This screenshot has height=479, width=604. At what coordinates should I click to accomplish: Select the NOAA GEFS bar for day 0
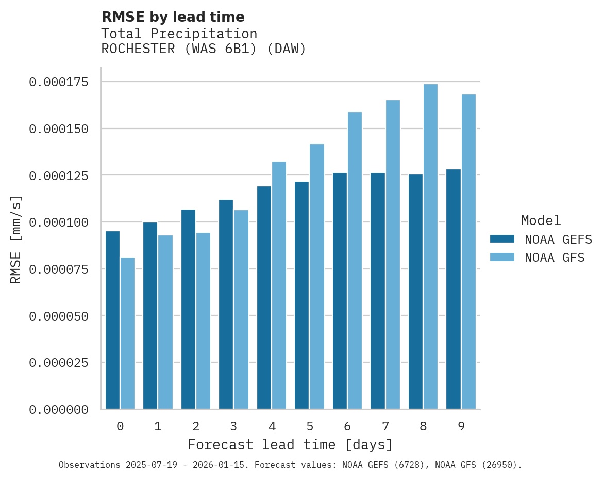[112, 320]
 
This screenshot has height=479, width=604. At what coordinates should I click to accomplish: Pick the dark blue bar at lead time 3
[226, 305]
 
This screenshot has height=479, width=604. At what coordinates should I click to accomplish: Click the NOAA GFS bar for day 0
[127, 333]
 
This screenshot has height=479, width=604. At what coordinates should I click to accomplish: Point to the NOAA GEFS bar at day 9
[454, 289]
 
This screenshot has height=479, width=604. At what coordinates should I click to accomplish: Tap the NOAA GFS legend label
[555, 258]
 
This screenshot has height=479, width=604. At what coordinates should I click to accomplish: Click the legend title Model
[541, 221]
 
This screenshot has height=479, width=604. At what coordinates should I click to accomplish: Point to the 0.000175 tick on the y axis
[58, 82]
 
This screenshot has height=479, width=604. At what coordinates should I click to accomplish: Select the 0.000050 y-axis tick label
[58, 316]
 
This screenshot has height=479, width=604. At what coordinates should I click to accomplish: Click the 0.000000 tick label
[58, 410]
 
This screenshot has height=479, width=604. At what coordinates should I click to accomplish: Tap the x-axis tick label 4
[272, 427]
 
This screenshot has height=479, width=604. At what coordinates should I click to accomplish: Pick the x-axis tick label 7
[385, 427]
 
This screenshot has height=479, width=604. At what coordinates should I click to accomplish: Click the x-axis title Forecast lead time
[290, 444]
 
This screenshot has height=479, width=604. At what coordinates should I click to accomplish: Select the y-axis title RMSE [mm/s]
[16, 239]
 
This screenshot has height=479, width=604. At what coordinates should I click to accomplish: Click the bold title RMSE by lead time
[173, 17]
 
